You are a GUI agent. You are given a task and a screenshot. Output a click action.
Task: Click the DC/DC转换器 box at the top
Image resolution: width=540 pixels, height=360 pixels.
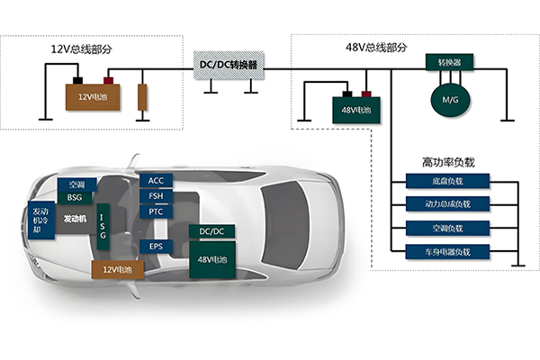point(229,66)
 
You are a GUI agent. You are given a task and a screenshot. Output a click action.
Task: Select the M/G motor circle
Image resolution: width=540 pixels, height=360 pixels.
point(450,100)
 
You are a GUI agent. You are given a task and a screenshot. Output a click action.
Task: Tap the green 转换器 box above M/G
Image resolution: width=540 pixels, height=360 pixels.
point(449,62)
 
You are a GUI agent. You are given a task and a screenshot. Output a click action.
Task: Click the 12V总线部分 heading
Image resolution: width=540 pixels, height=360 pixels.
point(82,49)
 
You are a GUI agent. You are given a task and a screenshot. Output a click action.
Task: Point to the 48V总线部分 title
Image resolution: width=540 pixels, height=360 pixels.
point(376,47)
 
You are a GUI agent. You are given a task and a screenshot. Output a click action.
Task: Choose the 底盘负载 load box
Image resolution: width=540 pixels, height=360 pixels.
point(447,181)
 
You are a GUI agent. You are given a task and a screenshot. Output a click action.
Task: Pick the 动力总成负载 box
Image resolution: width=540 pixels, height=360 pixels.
point(447,204)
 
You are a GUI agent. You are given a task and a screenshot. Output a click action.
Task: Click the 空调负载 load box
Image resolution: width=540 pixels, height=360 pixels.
point(447,228)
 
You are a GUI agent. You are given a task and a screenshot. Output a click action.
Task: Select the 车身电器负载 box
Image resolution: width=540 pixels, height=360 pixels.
point(447,252)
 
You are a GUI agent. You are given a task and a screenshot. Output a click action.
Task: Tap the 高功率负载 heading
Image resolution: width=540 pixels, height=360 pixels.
point(448,162)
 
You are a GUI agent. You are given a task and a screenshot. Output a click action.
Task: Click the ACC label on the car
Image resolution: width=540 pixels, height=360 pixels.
point(156,181)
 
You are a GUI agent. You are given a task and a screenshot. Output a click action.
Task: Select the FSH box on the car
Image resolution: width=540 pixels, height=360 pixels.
point(156,196)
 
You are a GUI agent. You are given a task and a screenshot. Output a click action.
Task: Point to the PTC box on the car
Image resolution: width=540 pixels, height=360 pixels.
point(156,211)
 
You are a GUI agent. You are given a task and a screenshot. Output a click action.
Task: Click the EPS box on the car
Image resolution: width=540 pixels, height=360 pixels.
point(156,247)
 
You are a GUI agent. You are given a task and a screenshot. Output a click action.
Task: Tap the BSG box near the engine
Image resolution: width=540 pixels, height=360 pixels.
point(75,197)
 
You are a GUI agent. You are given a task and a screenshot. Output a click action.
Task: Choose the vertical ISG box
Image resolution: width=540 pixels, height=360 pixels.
point(103,227)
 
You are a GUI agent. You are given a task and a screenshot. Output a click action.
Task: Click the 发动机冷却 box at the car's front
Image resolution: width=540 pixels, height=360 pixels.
point(41,220)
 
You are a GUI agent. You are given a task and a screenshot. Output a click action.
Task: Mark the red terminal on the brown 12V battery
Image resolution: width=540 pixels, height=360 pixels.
point(109,81)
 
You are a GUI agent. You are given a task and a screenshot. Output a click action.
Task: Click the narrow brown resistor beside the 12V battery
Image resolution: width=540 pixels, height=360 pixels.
point(142,97)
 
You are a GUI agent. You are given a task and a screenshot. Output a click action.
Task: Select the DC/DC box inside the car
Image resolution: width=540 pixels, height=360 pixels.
point(211,231)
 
